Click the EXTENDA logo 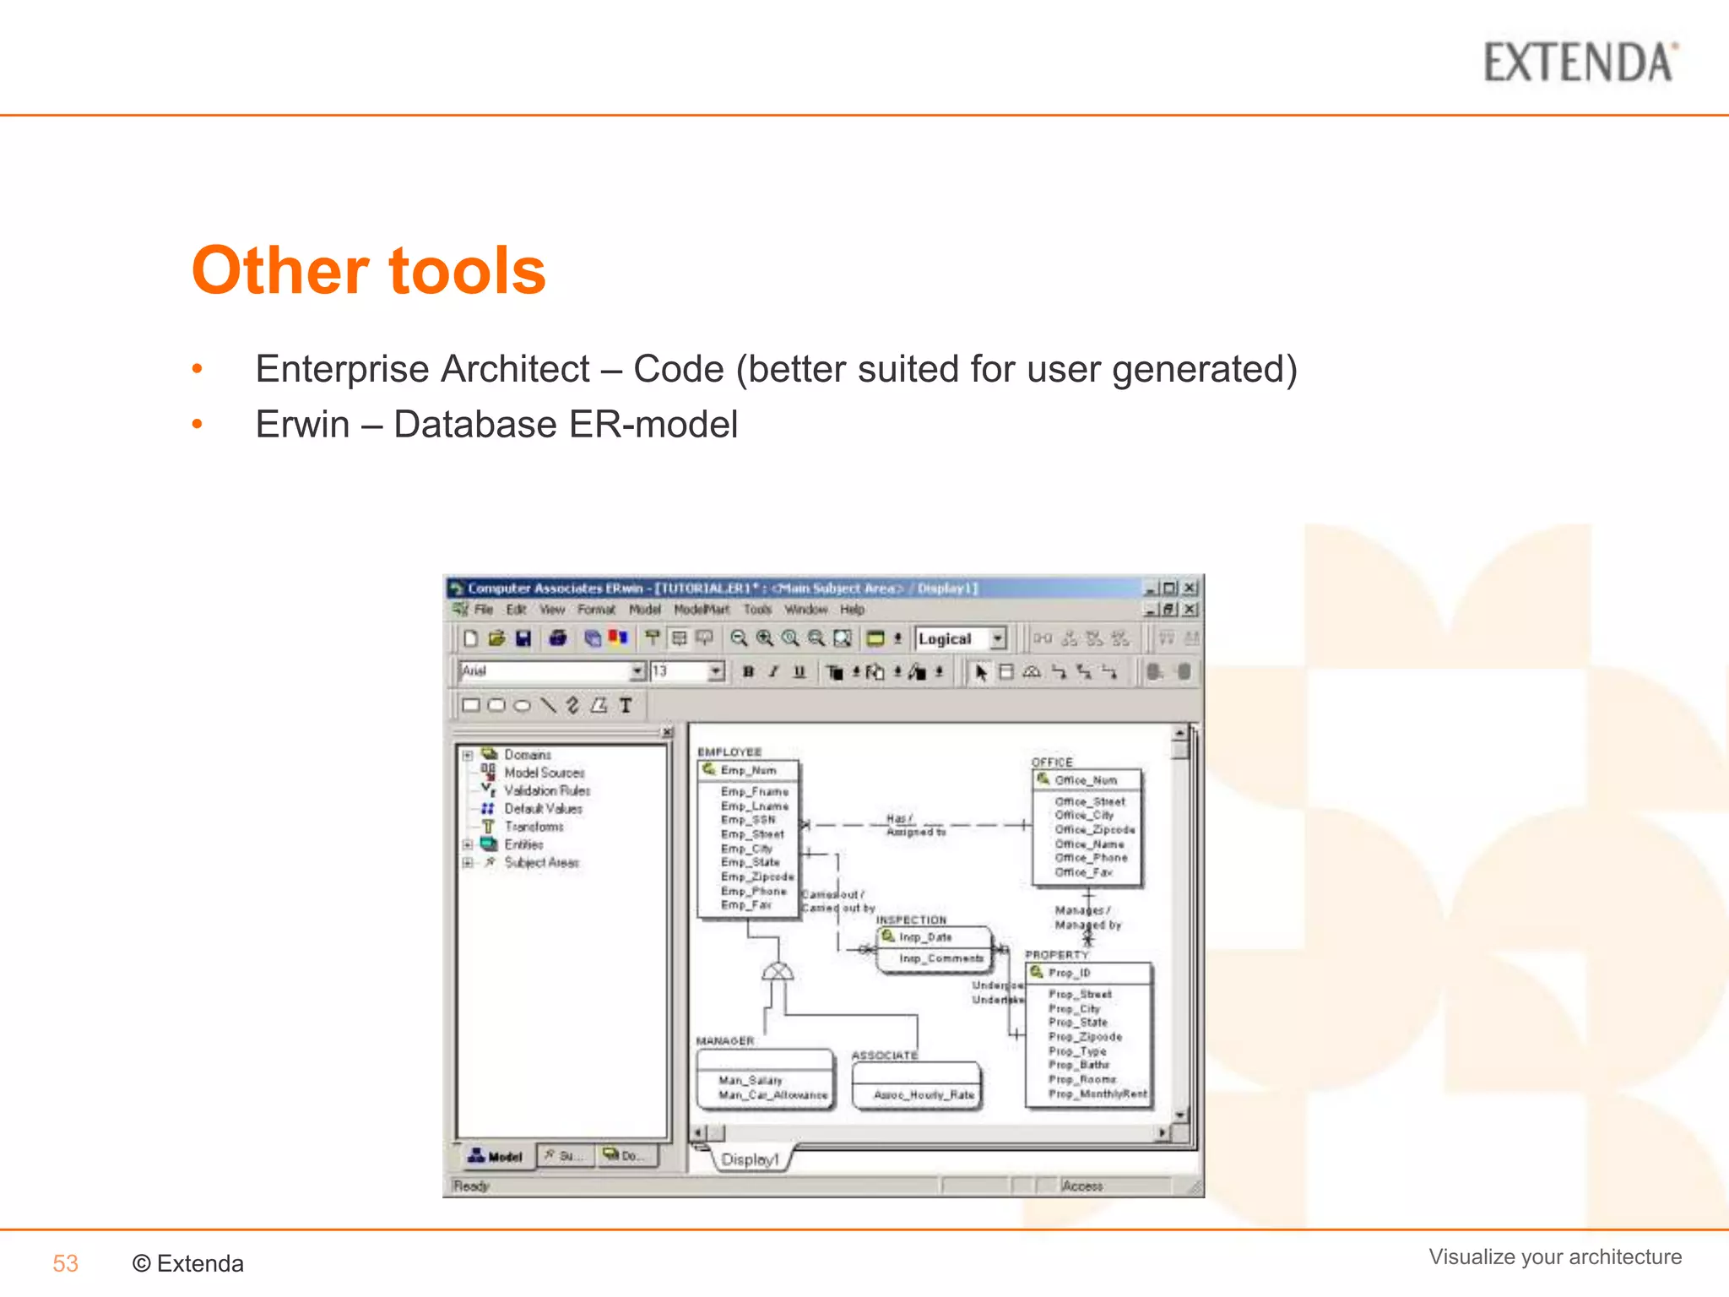point(1580,63)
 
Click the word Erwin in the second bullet point(302,424)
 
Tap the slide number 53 point(65,1263)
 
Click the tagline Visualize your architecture point(1554,1256)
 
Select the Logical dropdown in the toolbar point(961,639)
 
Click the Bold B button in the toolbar point(748,672)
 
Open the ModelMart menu point(701,610)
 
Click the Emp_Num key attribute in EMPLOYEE point(748,770)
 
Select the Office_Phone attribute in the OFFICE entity point(1091,858)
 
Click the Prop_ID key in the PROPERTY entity point(1069,973)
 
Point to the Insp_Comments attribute point(940,958)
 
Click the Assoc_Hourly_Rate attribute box point(924,1094)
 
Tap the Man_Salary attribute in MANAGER point(750,1080)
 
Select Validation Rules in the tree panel point(546,791)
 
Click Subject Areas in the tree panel point(541,863)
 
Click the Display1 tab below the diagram point(750,1159)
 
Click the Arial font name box point(545,671)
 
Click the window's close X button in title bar point(1190,588)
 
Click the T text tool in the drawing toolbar point(626,705)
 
